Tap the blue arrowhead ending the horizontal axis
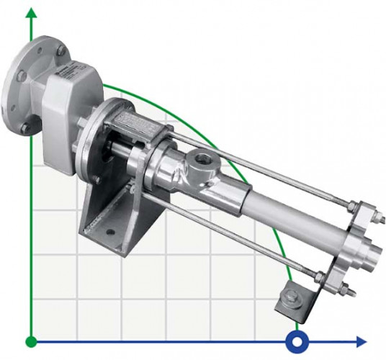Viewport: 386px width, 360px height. coord(360,340)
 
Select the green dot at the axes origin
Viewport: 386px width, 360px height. coord(30,340)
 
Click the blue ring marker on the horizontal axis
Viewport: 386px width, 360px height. coord(295,340)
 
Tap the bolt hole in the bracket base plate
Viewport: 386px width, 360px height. coord(110,233)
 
